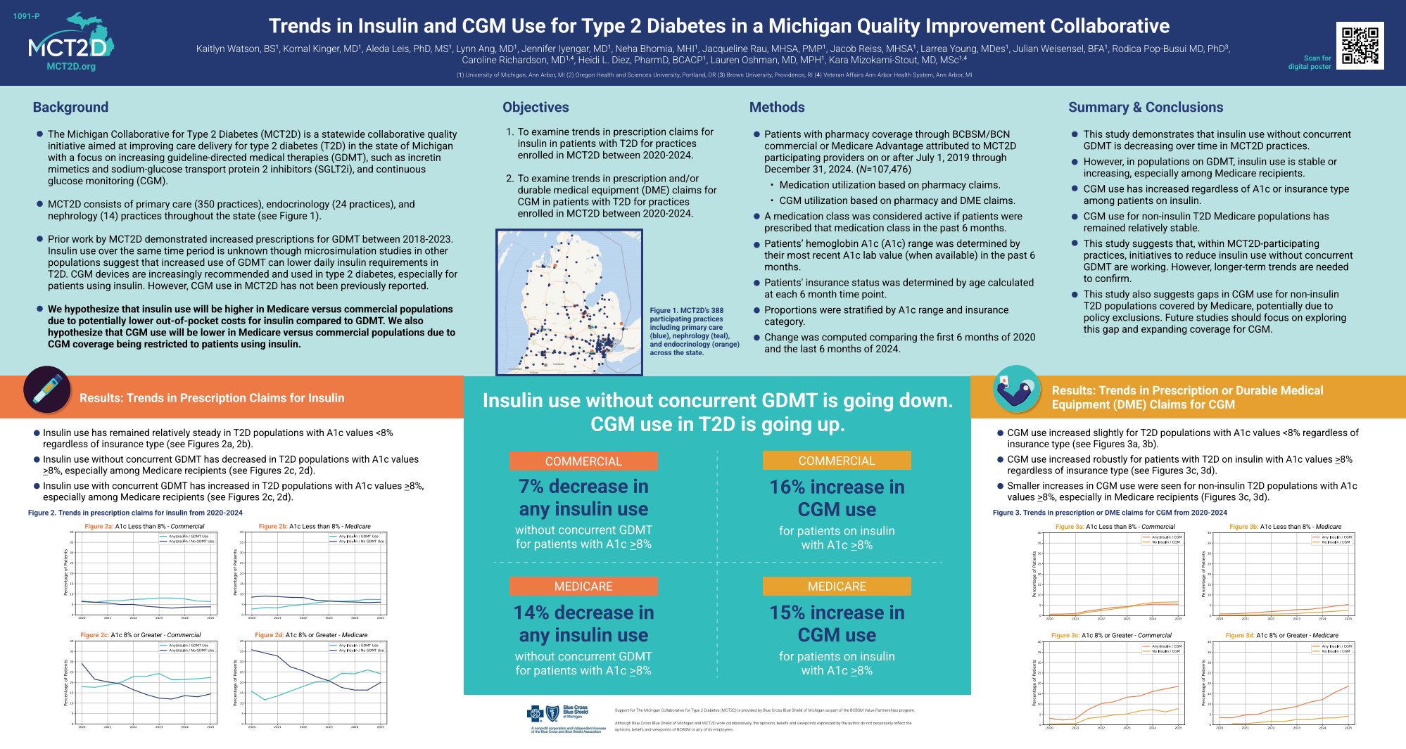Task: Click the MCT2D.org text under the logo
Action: tap(71, 67)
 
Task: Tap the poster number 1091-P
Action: tap(26, 16)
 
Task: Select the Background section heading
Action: tap(70, 108)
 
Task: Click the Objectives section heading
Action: tap(536, 108)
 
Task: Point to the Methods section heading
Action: tap(777, 108)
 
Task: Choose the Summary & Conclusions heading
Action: tap(1146, 108)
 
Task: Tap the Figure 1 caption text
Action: tap(693, 331)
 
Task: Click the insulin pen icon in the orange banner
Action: tap(47, 389)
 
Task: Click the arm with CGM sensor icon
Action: tap(1016, 389)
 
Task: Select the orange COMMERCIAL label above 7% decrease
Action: tap(583, 461)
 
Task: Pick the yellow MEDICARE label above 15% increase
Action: tap(837, 587)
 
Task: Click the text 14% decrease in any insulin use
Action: tap(583, 624)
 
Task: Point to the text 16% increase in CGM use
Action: tap(837, 498)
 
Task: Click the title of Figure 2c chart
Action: tap(141, 635)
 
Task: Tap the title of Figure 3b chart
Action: tap(1285, 527)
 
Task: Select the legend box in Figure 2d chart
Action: tap(358, 648)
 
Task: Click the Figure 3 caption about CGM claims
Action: tap(1110, 513)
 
